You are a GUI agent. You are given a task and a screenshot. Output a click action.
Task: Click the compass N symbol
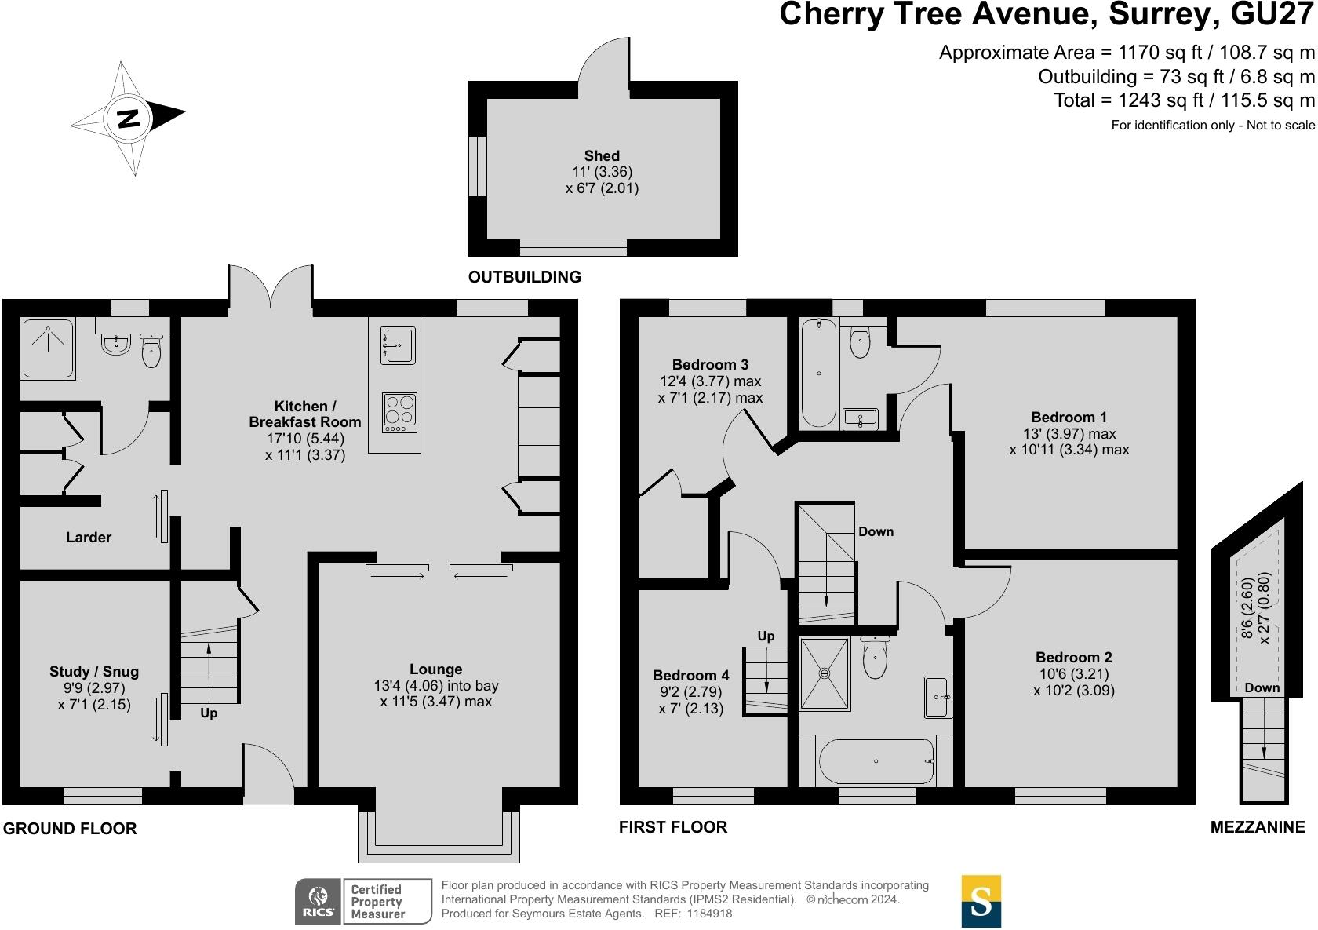[x=129, y=119]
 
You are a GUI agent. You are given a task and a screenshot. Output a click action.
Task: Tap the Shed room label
[x=601, y=156]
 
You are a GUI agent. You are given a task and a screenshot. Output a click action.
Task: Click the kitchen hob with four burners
[x=399, y=412]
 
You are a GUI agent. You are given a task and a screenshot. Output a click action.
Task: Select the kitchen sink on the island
[x=399, y=345]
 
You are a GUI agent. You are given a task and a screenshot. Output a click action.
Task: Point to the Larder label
[x=88, y=537]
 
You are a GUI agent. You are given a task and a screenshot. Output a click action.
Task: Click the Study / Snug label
[x=94, y=671]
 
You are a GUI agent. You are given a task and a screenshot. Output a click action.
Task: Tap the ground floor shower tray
[x=49, y=348]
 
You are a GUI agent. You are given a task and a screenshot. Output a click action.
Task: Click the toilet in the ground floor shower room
[x=151, y=351]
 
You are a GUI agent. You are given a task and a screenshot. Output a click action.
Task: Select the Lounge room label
[x=436, y=669]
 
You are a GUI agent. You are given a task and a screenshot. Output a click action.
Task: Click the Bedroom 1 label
[x=1069, y=418]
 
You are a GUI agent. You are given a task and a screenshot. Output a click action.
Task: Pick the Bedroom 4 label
[x=690, y=675]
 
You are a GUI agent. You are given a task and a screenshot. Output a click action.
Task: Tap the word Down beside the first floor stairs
[x=876, y=531]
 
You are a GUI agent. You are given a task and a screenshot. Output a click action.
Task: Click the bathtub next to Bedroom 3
[x=818, y=373]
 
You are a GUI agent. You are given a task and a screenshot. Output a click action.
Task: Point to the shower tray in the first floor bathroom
[x=825, y=673]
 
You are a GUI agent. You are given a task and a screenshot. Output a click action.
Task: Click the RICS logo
[x=319, y=901]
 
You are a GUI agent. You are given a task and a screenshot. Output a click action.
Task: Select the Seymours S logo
[x=981, y=901]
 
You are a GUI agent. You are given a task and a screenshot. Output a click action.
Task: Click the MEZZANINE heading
[x=1258, y=827]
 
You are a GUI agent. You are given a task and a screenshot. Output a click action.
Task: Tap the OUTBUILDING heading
[x=525, y=276]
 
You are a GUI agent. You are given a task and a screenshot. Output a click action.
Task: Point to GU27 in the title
[x=1272, y=14]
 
